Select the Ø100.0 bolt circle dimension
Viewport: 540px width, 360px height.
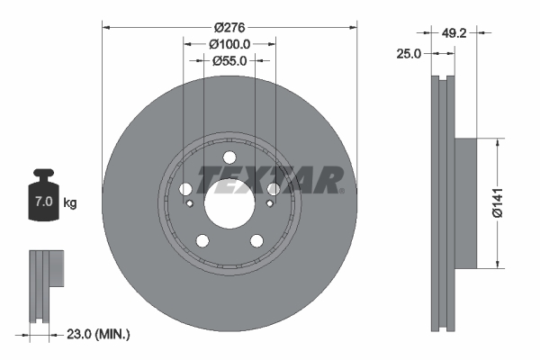(x=229, y=43)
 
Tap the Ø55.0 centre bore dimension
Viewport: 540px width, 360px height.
(x=229, y=61)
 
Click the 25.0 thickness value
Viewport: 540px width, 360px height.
(x=409, y=55)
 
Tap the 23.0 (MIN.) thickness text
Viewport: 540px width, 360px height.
(x=99, y=334)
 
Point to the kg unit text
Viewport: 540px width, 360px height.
(x=70, y=203)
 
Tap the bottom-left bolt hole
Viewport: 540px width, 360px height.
(x=202, y=240)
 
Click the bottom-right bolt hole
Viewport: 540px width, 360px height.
(x=256, y=240)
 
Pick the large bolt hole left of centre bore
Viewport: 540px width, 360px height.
(x=185, y=189)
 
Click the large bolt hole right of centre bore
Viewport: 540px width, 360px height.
(x=272, y=189)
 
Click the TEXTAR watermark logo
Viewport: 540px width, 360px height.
(x=270, y=179)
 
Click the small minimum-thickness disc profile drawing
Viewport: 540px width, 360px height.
(x=45, y=286)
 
